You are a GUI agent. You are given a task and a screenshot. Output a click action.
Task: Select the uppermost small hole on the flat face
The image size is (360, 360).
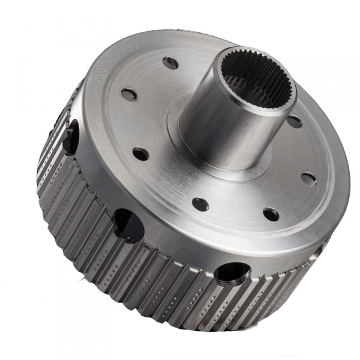[170, 62]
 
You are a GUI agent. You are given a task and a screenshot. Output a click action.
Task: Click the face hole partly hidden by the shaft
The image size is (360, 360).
[295, 122]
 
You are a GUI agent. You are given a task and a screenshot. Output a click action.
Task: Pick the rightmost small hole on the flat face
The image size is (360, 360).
[308, 178]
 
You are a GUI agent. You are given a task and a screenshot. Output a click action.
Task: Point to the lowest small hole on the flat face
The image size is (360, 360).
[271, 214]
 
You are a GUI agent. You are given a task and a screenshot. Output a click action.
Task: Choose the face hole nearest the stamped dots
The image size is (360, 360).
[129, 94]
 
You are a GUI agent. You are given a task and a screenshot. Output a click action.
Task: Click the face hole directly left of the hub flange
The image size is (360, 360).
[140, 154]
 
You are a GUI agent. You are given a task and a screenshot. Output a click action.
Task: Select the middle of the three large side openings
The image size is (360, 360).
[128, 224]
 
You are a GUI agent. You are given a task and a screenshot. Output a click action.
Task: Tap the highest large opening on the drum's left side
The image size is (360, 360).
[71, 128]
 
